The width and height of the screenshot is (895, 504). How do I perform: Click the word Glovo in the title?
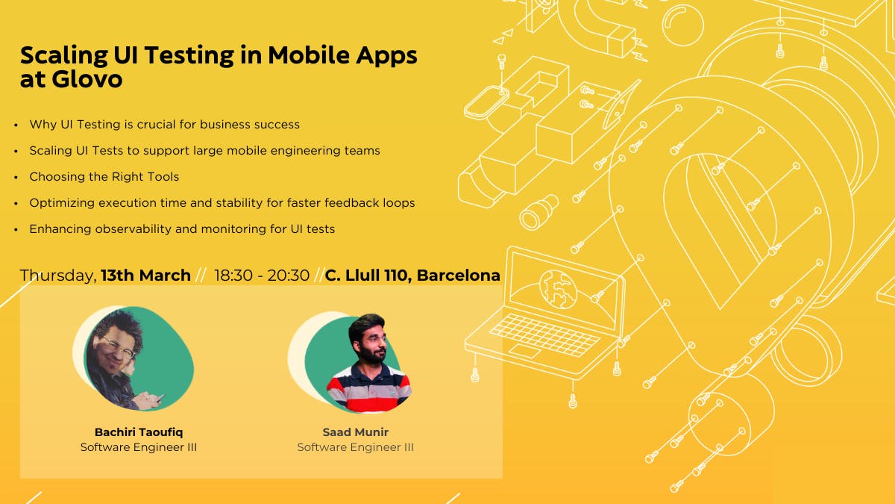pyautogui.click(x=87, y=79)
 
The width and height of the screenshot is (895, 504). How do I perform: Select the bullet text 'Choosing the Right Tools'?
pyautogui.click(x=104, y=176)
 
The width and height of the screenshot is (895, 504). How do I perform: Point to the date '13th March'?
pyautogui.click(x=146, y=276)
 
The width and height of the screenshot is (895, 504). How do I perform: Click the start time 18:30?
pyautogui.click(x=233, y=276)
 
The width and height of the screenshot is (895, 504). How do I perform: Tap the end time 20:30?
pyautogui.click(x=289, y=276)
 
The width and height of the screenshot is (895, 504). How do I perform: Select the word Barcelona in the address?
pyautogui.click(x=458, y=276)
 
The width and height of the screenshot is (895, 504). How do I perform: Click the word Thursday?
pyautogui.click(x=58, y=276)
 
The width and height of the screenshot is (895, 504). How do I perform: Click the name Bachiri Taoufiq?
pyautogui.click(x=139, y=432)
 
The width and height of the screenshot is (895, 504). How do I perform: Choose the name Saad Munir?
pyautogui.click(x=356, y=432)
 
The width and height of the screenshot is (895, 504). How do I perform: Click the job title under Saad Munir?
pyautogui.click(x=356, y=447)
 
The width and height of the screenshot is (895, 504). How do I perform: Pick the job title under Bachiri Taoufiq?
pyautogui.click(x=139, y=447)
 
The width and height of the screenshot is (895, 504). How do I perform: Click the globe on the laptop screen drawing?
pyautogui.click(x=558, y=289)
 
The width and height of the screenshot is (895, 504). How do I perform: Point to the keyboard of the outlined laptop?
pyautogui.click(x=544, y=335)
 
